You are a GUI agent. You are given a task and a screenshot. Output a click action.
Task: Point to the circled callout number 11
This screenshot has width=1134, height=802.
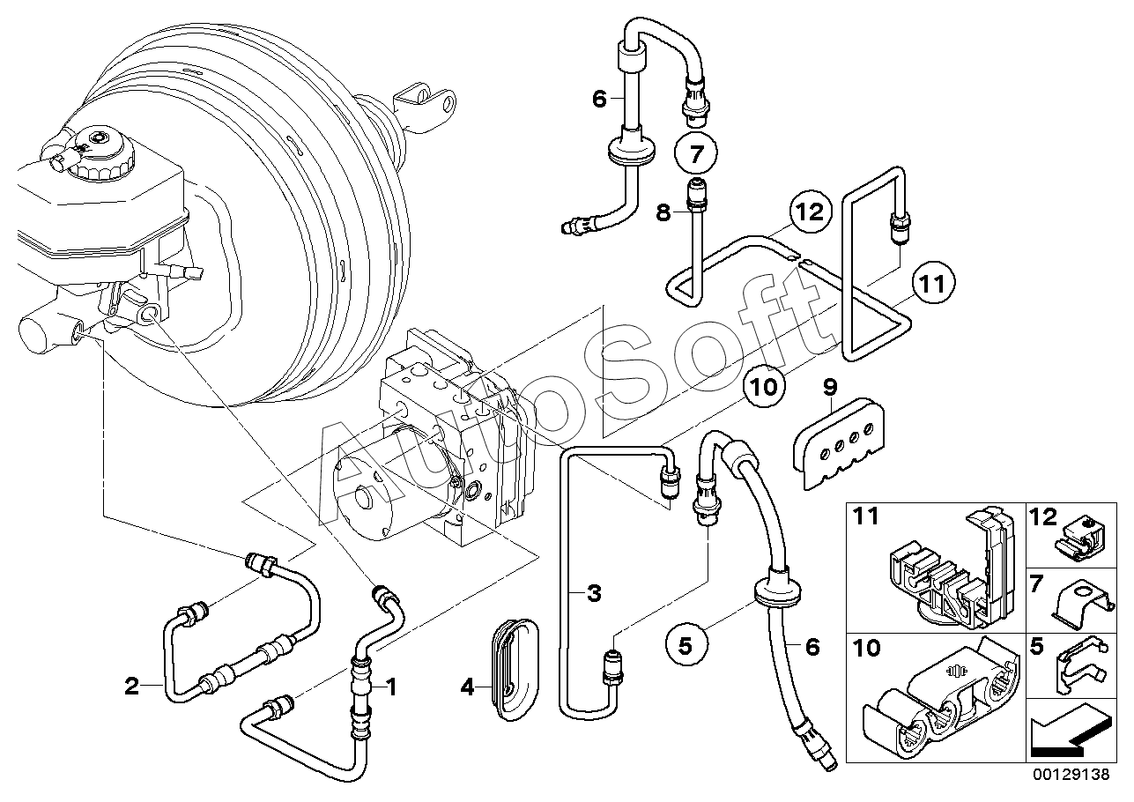[x=932, y=283]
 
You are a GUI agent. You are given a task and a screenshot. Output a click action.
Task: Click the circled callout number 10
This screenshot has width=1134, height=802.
[x=763, y=385]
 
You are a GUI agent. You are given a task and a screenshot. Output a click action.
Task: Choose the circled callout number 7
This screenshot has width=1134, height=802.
[x=696, y=156]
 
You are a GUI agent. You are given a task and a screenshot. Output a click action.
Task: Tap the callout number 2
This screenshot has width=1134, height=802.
[x=132, y=686]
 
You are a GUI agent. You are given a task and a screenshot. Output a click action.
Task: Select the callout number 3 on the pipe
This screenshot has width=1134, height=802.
[x=594, y=593]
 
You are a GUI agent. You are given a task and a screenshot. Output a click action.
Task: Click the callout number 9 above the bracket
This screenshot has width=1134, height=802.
[x=830, y=386]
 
